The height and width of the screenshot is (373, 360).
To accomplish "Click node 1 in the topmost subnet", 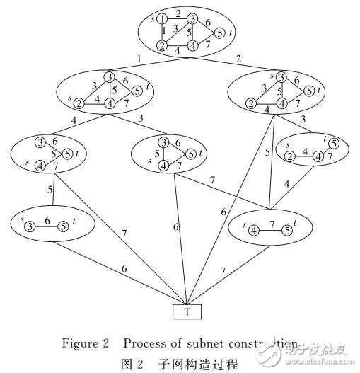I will pyautogui.click(x=161, y=19).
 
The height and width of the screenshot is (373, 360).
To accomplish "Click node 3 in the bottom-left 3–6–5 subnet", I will pyautogui.click(x=30, y=226).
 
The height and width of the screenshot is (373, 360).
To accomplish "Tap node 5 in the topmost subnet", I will pyautogui.click(x=219, y=33).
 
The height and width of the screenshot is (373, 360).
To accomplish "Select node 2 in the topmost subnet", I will pyautogui.click(x=162, y=47).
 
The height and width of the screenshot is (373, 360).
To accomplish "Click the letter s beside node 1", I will pyautogui.click(x=153, y=18).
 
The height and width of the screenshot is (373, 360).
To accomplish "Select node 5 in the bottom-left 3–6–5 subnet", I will pyautogui.click(x=63, y=226).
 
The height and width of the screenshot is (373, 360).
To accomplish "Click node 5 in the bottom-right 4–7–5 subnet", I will pyautogui.click(x=286, y=230).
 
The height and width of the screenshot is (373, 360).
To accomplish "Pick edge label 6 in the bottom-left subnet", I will pyautogui.click(x=47, y=220).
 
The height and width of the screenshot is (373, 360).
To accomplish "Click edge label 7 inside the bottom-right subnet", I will pyautogui.click(x=269, y=224).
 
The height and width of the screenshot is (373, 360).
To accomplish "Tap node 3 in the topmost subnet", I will pyautogui.click(x=191, y=19).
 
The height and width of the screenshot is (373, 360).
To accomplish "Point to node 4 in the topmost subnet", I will pyautogui.click(x=191, y=47).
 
